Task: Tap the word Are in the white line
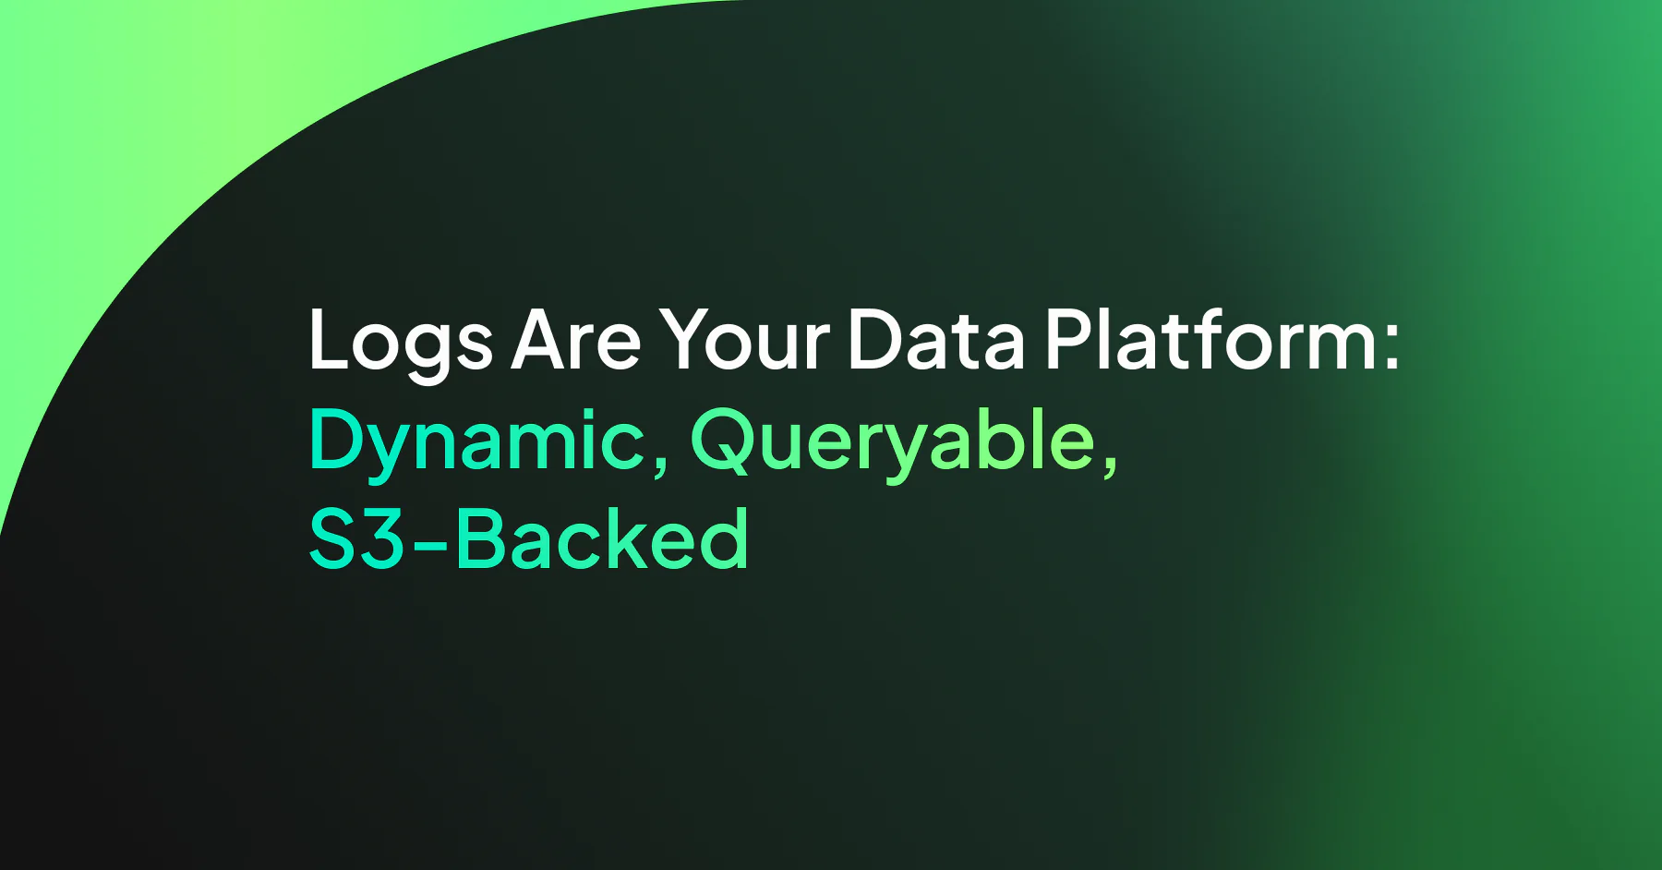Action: pos(576,339)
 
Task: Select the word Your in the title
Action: pos(744,339)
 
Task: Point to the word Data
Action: pos(935,339)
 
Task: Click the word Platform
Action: pos(1210,339)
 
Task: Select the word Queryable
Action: pos(892,441)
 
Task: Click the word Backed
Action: pos(601,538)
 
